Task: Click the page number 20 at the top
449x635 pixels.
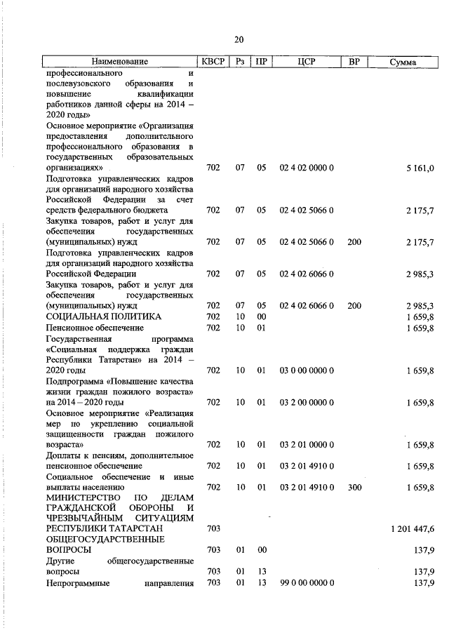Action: coord(239,39)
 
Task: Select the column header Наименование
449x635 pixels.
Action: coord(119,62)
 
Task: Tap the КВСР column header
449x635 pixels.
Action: coord(213,62)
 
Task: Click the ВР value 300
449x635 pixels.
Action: coord(354,486)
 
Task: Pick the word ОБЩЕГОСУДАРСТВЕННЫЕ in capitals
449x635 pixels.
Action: coord(105,540)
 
